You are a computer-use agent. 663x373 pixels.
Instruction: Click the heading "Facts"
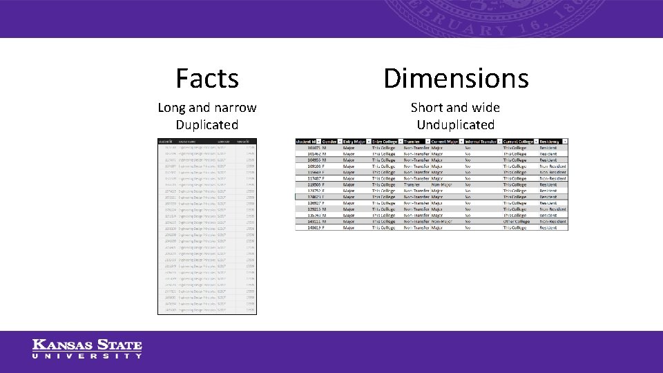tap(206, 78)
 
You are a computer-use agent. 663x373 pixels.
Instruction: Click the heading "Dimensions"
tap(456, 78)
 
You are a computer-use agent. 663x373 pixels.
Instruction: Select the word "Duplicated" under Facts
tap(206, 125)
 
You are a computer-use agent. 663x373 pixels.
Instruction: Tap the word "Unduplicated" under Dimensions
tap(455, 125)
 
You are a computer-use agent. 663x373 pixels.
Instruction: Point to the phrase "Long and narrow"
tap(206, 108)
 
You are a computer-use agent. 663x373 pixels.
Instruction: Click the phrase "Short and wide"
tap(455, 108)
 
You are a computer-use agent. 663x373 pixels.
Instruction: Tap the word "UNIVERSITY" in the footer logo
tap(87, 356)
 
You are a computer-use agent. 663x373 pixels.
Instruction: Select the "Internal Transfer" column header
tap(481, 142)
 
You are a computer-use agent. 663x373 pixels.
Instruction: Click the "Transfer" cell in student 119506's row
tap(412, 184)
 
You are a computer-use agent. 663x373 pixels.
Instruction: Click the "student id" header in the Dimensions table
tap(308, 142)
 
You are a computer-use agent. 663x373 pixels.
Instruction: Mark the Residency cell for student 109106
tap(552, 166)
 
